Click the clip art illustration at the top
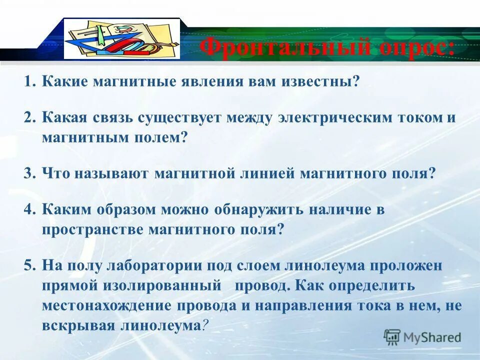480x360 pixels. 122,39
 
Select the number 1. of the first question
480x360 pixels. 30,81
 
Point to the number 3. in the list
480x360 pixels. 30,173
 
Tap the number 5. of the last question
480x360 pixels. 30,265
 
